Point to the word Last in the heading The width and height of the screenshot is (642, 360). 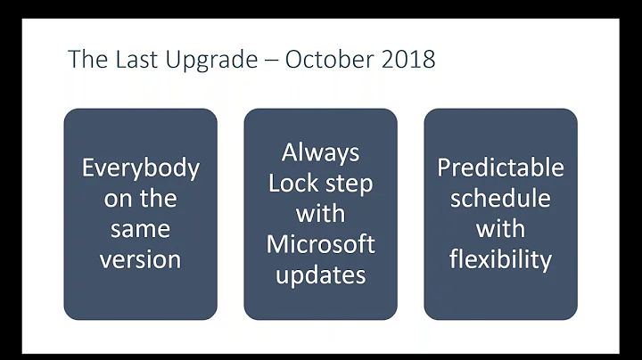[128, 59]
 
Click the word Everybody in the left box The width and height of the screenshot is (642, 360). [140, 168]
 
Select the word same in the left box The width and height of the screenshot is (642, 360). [140, 229]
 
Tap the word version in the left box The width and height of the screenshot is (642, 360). [140, 259]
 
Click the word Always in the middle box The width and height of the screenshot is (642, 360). [320, 152]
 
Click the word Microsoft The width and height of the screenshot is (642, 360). [320, 244]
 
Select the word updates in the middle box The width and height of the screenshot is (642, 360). [320, 275]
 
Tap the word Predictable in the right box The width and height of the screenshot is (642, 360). [500, 168]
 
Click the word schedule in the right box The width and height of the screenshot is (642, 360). [500, 199]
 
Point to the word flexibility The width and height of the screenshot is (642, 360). [500, 259]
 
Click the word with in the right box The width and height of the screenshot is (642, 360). [500, 229]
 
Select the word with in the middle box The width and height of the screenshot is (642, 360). [320, 214]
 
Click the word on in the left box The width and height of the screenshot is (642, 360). [117, 199]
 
